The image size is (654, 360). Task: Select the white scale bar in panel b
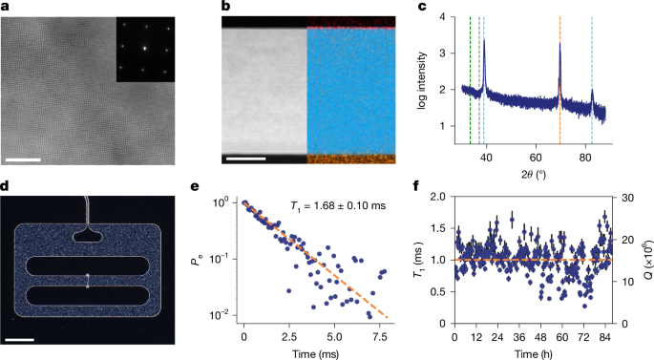[x=244, y=151]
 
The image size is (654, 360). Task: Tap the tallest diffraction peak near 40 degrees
[x=485, y=43]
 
